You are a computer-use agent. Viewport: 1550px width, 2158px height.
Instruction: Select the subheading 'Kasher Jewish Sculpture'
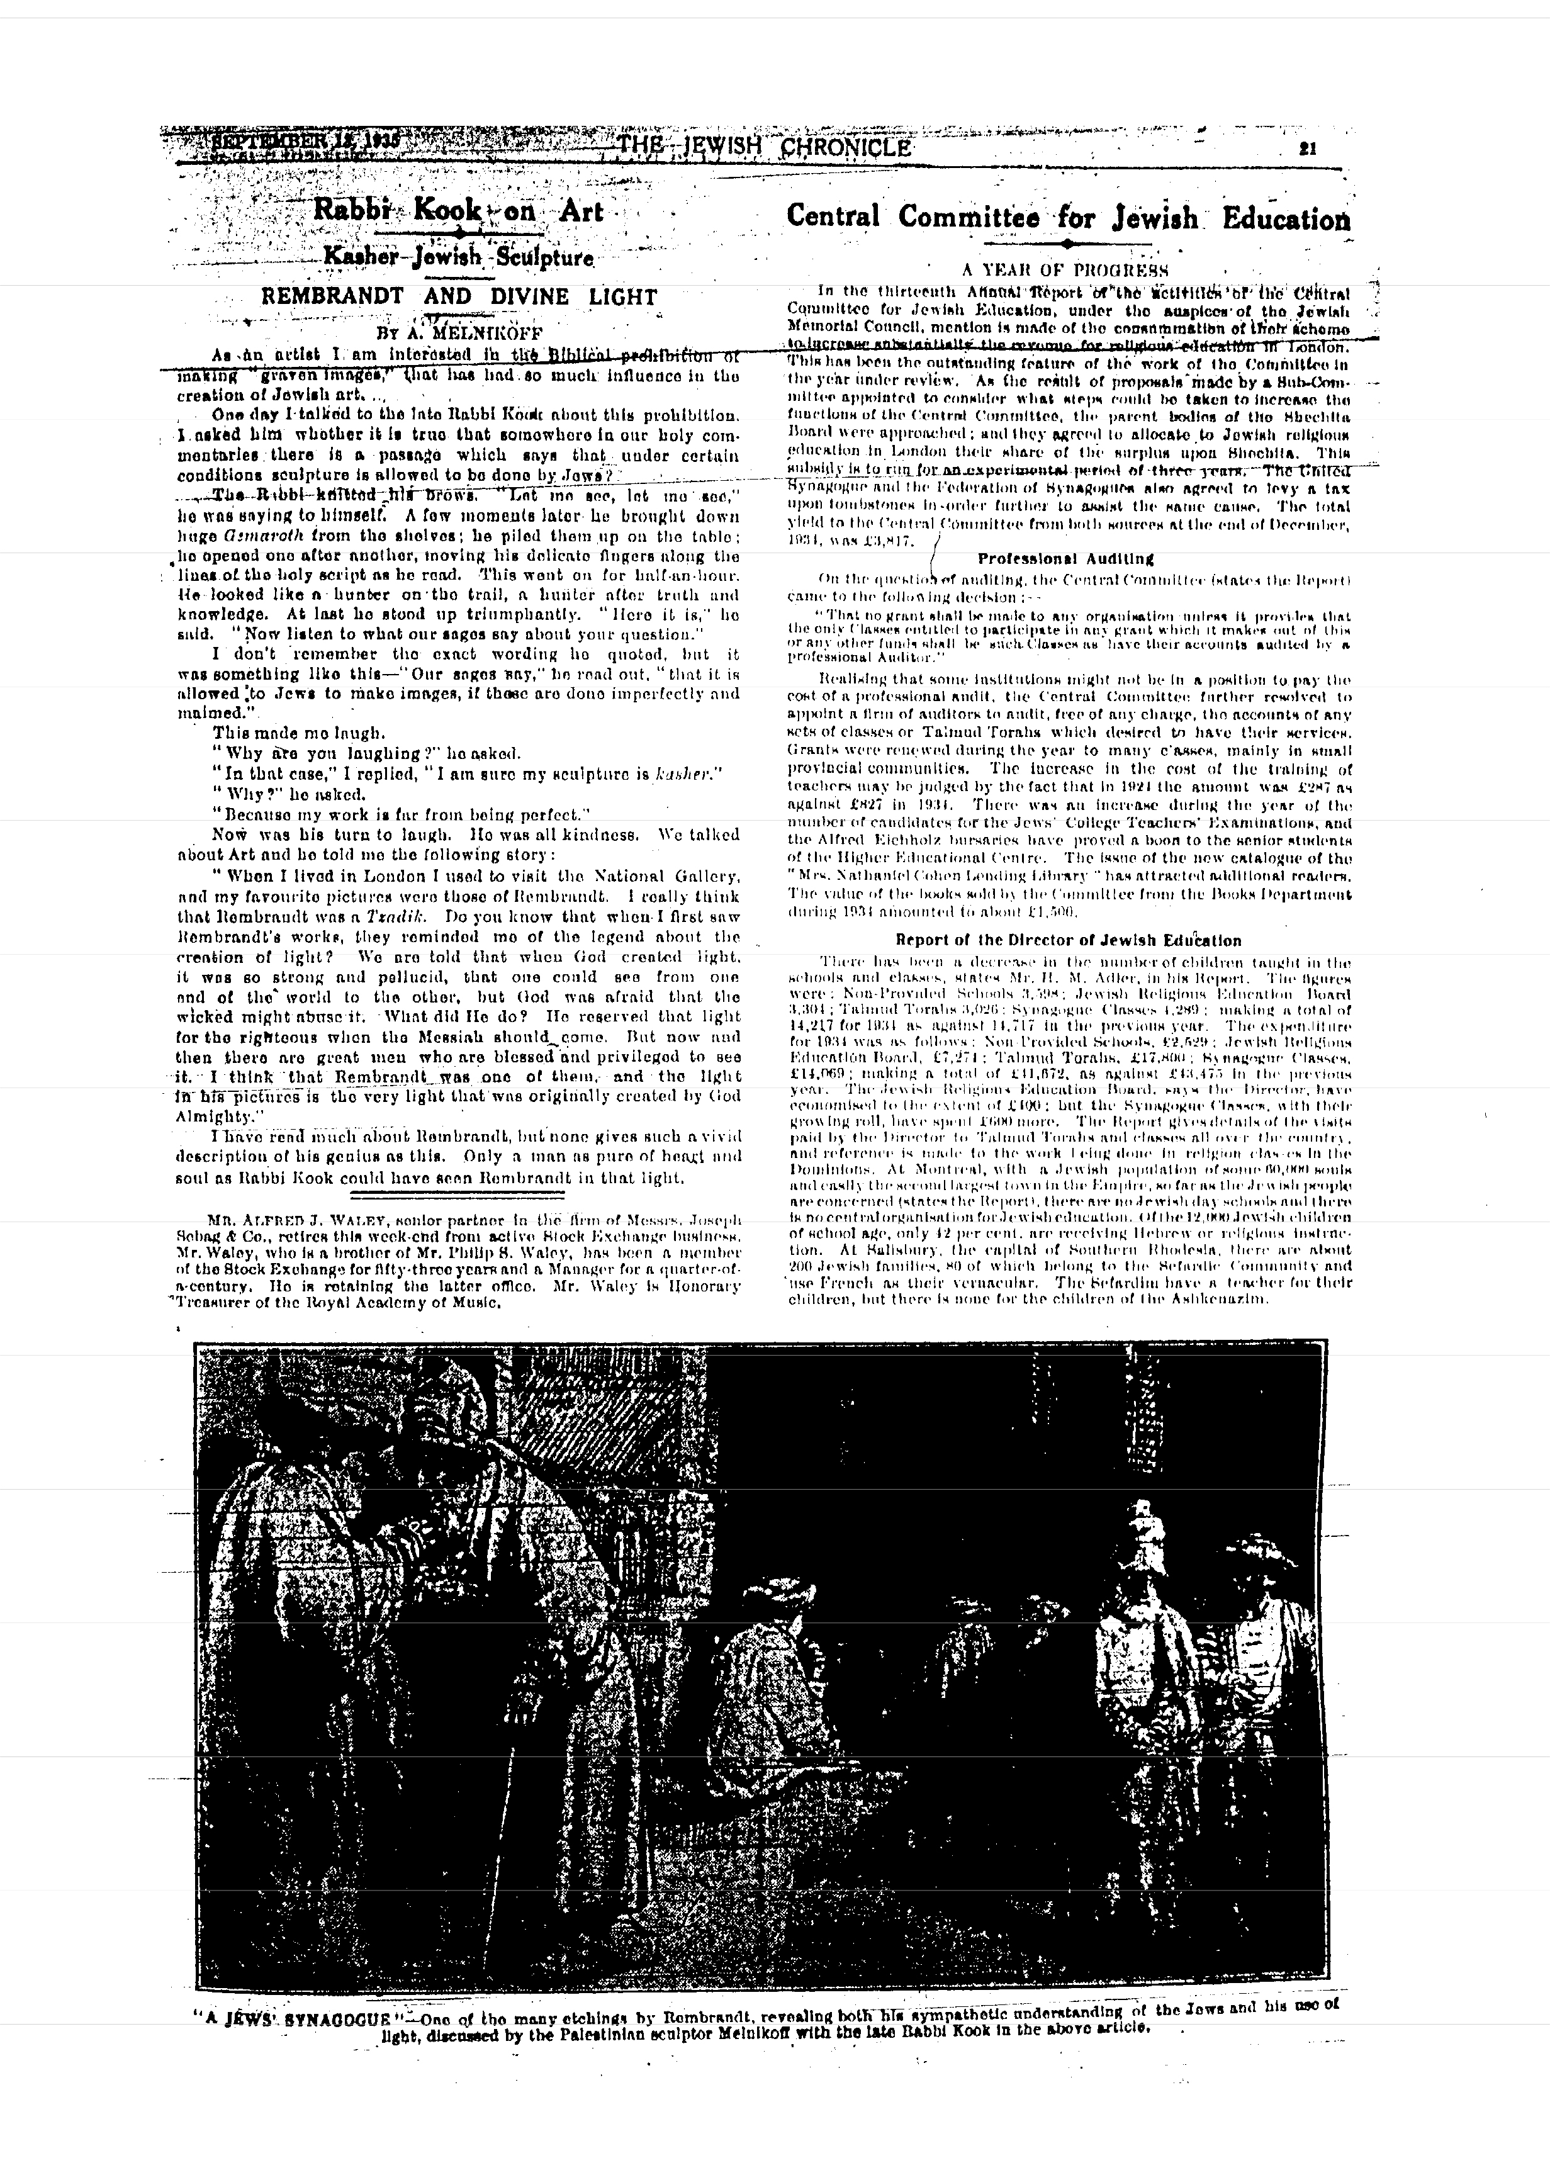click(x=459, y=258)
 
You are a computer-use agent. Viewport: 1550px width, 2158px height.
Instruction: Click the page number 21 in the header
click(x=1307, y=147)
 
